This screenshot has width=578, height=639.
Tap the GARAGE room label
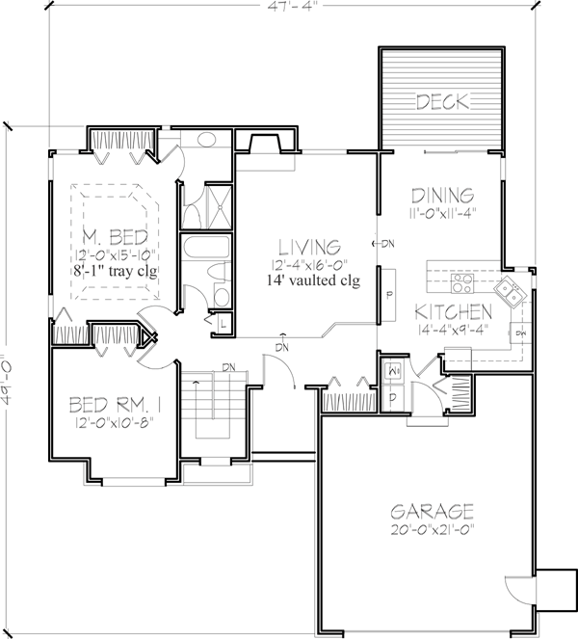[x=432, y=511]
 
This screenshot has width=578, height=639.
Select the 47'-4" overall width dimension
[x=292, y=6]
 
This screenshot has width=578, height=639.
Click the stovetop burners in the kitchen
[x=462, y=283]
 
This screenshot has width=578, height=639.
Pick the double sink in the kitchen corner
[x=511, y=291]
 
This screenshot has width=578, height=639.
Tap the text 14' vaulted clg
[x=314, y=280]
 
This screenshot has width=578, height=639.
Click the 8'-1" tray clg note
[x=116, y=271]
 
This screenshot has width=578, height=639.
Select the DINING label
[x=443, y=196]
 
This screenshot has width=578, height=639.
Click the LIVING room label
[x=309, y=247]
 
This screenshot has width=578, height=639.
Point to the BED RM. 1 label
[x=116, y=405]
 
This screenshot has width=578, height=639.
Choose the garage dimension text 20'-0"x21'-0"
[x=433, y=530]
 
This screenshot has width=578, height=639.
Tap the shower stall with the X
[x=219, y=206]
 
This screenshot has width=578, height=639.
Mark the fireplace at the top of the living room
[x=266, y=144]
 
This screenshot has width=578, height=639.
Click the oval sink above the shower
[x=207, y=140]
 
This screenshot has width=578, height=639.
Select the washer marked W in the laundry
[x=391, y=371]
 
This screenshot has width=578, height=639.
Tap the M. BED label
[x=116, y=236]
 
